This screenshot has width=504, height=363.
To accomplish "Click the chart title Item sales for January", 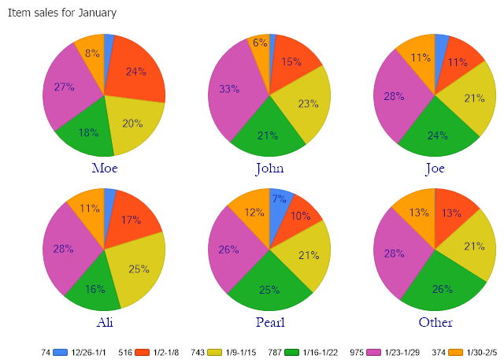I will (x=62, y=13).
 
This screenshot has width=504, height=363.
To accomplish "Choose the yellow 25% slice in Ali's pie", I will (x=139, y=269).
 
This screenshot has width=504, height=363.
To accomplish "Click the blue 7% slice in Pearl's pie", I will (x=280, y=200).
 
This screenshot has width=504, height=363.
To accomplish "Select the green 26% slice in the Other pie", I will (x=441, y=288).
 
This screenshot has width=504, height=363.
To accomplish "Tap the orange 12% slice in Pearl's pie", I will (x=251, y=213).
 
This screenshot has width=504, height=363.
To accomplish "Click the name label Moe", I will (x=105, y=168).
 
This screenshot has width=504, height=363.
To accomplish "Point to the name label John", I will (x=269, y=168).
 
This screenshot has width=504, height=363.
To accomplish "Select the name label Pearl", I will (x=269, y=322).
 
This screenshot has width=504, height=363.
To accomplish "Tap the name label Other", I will (x=435, y=322).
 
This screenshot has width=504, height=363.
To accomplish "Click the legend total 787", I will (x=276, y=352).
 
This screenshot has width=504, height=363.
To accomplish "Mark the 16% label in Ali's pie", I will (x=94, y=289).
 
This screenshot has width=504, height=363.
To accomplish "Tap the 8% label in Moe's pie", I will (x=92, y=54).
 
